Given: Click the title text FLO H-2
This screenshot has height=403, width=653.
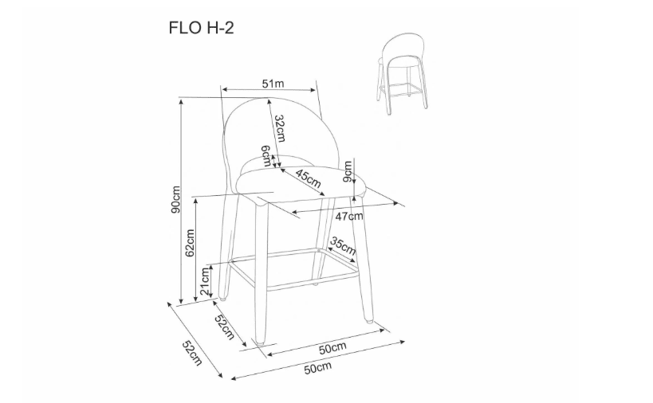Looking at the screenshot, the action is (201, 28).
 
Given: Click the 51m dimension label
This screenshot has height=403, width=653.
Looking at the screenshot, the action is (273, 84).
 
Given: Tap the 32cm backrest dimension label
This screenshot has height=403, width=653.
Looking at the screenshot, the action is (279, 128).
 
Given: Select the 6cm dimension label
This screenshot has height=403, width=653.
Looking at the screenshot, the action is (266, 155).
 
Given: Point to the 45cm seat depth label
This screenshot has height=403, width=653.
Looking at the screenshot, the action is (309, 178).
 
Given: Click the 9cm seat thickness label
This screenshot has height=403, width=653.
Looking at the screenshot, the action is (347, 171).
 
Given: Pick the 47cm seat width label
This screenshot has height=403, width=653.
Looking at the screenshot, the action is (349, 217).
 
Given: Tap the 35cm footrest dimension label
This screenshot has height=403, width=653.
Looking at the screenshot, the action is (343, 246).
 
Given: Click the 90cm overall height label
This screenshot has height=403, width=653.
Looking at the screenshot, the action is (175, 199).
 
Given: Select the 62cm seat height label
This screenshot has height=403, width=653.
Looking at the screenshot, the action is (190, 242).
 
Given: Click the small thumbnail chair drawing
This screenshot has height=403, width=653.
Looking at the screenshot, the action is (403, 73).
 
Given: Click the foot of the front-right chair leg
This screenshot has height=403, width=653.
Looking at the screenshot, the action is (369, 320).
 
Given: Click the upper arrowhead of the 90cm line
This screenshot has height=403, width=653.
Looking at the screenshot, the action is (181, 103).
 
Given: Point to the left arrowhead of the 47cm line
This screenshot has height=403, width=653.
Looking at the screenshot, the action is (295, 213).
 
